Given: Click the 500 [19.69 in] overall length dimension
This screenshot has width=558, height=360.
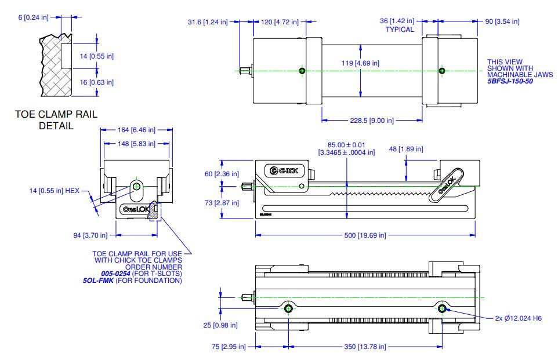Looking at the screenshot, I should [365, 235].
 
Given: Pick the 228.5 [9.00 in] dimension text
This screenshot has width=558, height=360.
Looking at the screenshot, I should [372, 121].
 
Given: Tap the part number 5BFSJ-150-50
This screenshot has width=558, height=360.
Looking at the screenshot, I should [510, 81].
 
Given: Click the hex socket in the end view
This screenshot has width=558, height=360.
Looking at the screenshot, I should [136, 186].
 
